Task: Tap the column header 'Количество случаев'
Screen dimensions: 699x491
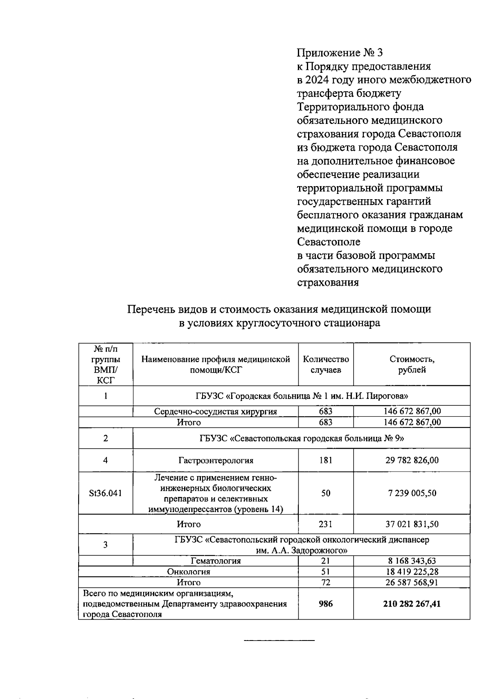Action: (x=326, y=364)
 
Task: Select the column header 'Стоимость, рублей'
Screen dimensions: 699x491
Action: (x=412, y=364)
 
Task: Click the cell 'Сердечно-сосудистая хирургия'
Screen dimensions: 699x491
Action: (x=215, y=411)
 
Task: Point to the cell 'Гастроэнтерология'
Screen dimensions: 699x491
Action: (x=215, y=460)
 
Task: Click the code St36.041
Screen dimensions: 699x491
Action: (x=105, y=493)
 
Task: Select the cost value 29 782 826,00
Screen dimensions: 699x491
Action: (x=412, y=460)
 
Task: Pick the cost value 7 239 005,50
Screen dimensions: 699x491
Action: (x=412, y=493)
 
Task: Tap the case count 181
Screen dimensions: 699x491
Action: (x=326, y=460)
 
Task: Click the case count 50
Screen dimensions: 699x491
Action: (x=326, y=493)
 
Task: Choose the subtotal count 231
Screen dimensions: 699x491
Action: (x=326, y=524)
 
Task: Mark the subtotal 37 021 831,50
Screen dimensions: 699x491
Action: (x=412, y=524)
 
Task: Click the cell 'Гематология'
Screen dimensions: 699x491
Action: (x=216, y=561)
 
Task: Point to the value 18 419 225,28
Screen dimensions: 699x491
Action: (x=412, y=571)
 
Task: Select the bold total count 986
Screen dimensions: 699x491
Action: (x=326, y=604)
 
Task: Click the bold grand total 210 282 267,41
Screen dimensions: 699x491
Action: (x=412, y=604)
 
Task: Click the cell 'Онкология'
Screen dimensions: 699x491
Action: (x=189, y=571)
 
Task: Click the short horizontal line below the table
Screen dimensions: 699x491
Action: (x=279, y=640)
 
